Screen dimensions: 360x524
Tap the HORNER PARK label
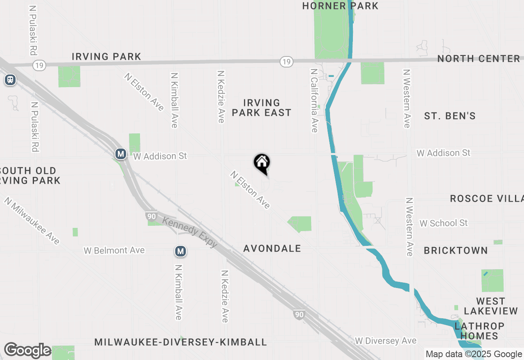340,6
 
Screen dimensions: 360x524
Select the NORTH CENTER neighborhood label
479,59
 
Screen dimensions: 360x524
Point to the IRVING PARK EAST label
262,108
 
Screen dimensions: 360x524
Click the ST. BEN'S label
450,116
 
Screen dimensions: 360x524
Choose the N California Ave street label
314,101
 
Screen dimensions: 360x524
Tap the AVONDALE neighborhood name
272,248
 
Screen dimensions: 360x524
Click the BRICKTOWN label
456,250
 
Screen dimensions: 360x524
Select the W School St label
443,223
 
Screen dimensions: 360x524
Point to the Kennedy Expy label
190,232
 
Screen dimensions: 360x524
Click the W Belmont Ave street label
114,250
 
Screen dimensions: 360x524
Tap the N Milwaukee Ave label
32,221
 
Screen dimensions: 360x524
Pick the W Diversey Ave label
386,341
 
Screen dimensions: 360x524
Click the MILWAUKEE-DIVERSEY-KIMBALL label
181,342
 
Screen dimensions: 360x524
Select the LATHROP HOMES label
479,331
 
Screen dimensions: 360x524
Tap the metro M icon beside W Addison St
120,154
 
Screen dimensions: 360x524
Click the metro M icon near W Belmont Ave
181,251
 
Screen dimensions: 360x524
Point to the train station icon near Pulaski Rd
10,80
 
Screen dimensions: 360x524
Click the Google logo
27,350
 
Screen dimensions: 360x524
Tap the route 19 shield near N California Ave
286,62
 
